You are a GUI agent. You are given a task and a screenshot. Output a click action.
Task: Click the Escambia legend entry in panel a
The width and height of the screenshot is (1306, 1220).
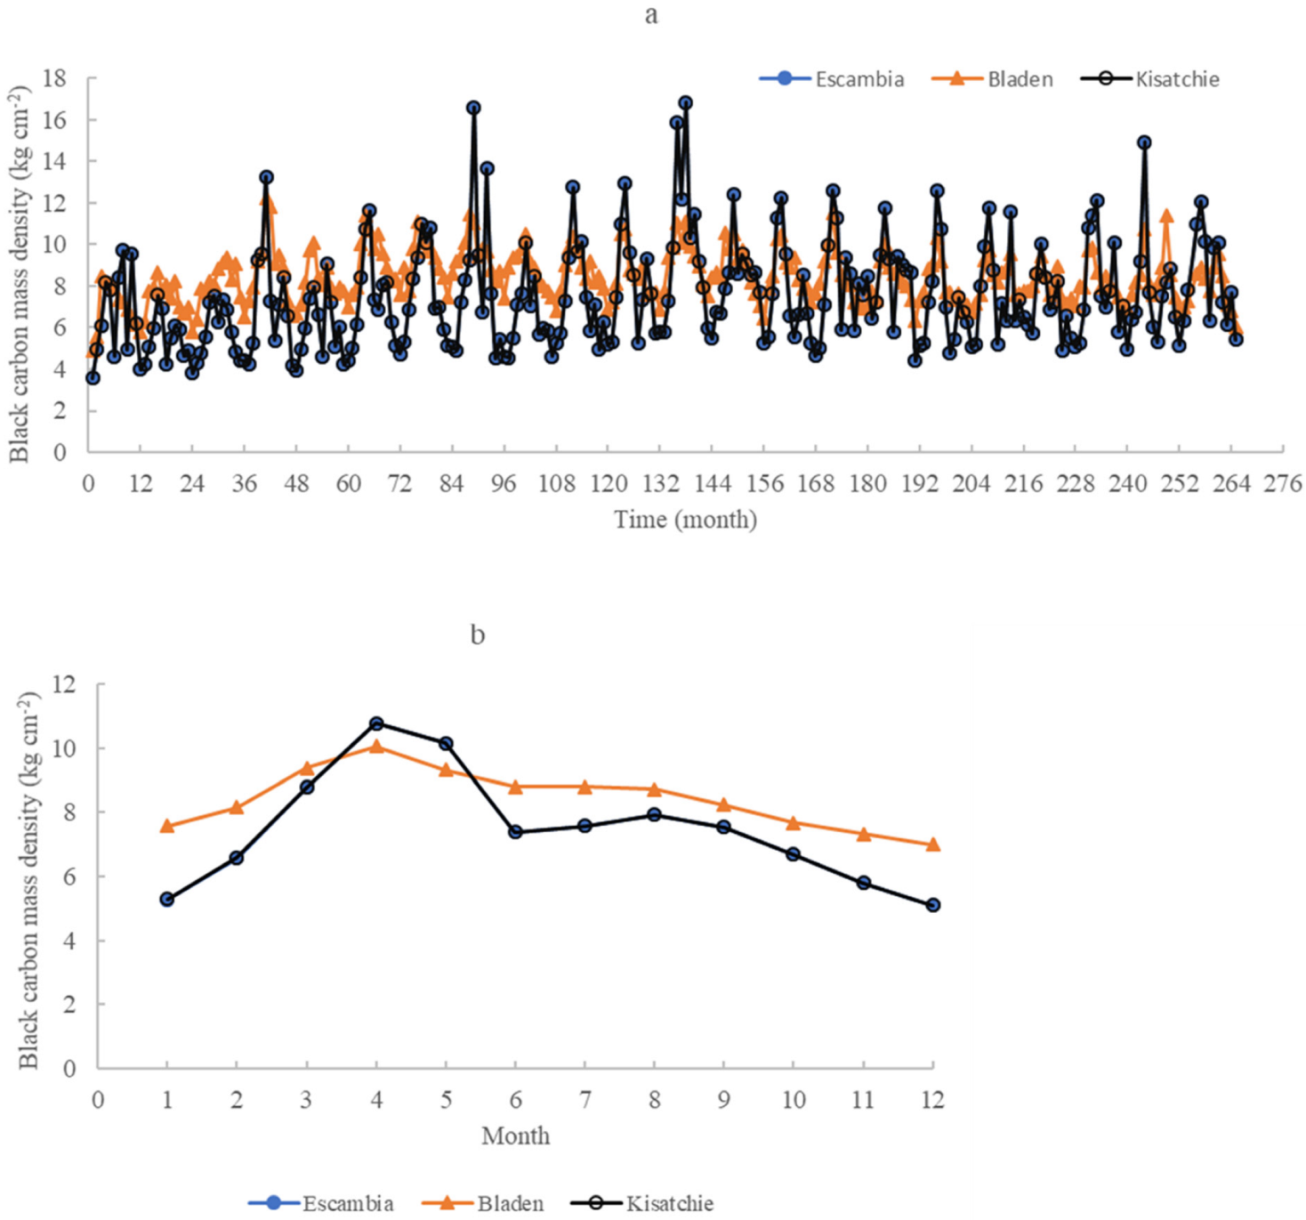tap(832, 79)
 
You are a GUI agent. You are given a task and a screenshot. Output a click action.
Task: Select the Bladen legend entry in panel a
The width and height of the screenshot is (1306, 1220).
tap(992, 79)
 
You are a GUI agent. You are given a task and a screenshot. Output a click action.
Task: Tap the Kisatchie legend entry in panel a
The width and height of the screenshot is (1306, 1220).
tap(1150, 79)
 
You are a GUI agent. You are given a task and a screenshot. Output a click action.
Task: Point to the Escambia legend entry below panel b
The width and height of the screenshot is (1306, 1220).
tap(321, 1204)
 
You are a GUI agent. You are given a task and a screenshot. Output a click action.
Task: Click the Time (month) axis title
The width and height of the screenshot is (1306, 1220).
tap(685, 520)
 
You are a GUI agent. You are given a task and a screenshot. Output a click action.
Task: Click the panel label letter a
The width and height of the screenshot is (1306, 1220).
tap(651, 14)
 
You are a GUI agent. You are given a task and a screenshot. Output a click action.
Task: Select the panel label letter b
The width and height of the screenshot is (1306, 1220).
tap(478, 635)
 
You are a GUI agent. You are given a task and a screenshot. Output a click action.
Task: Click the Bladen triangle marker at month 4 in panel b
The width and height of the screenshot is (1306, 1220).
tap(376, 747)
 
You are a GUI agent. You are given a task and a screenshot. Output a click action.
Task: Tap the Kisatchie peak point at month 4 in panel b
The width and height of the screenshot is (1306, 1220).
tap(376, 723)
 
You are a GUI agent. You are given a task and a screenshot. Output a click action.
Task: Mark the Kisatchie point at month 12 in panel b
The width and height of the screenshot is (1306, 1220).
tap(932, 906)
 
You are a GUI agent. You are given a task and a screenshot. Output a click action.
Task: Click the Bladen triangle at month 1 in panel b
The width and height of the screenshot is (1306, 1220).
tap(167, 826)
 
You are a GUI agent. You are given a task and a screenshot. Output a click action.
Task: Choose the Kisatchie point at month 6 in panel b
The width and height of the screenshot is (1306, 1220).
tap(516, 832)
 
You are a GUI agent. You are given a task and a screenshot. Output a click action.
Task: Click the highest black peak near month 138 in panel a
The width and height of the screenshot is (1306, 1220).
tap(686, 102)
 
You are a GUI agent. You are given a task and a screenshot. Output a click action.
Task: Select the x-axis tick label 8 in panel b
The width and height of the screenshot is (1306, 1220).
tap(654, 1100)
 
